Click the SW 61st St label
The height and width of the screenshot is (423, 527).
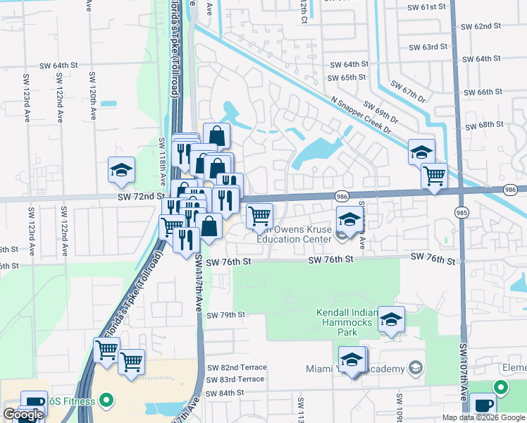pyautogui.click(x=427, y=6)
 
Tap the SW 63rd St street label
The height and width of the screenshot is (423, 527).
pyautogui.click(x=429, y=47)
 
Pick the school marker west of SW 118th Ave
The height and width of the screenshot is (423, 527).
pyautogui.click(x=121, y=169)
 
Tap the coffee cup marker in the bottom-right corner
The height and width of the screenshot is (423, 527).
pyautogui.click(x=483, y=406)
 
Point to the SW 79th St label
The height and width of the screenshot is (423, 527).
pyautogui.click(x=225, y=314)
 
